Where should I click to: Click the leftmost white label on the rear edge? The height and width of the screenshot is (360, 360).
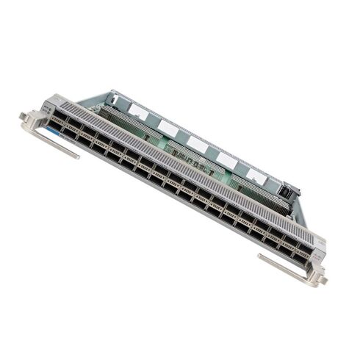(137, 110)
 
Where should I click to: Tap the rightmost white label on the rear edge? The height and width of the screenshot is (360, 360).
(255, 175)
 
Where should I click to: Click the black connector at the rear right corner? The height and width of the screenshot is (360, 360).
(287, 194)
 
